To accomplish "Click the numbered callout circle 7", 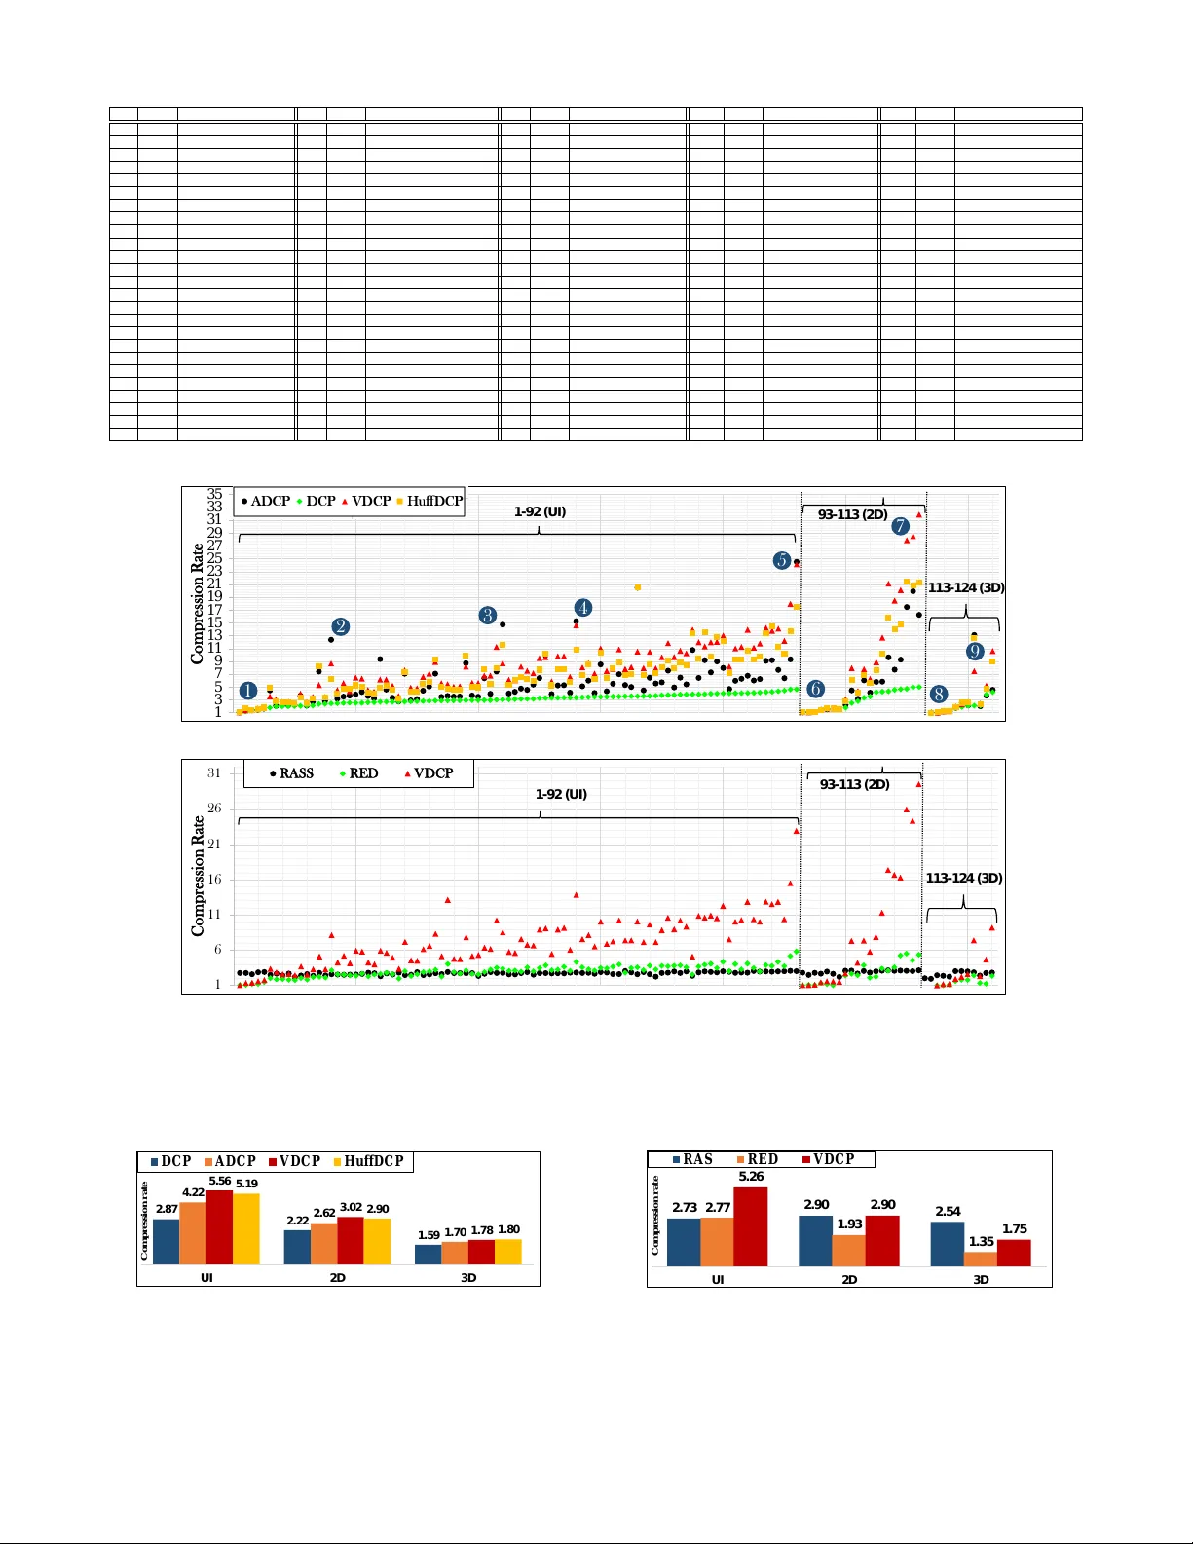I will [x=900, y=527].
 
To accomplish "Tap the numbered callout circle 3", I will [x=488, y=616].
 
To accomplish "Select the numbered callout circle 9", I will [x=975, y=652].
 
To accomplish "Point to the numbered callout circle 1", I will [x=248, y=691].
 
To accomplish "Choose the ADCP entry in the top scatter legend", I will [x=265, y=501].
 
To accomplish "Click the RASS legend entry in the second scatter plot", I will [x=291, y=773].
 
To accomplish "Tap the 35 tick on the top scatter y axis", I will [x=214, y=494].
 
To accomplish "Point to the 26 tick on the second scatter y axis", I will [x=214, y=809].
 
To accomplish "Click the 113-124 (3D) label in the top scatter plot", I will [x=965, y=587].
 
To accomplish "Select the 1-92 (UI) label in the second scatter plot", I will [x=561, y=794].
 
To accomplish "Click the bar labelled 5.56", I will [x=219, y=1227].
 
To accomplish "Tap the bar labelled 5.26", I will [x=750, y=1226].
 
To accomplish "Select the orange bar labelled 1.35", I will [x=980, y=1259].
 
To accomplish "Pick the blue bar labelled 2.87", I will [x=167, y=1241].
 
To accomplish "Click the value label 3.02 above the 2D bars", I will [x=351, y=1207].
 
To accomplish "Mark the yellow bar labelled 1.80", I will [x=507, y=1252].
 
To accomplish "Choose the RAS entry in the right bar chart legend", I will [x=692, y=1159].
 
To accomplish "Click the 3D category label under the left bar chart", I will [x=468, y=1278].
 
